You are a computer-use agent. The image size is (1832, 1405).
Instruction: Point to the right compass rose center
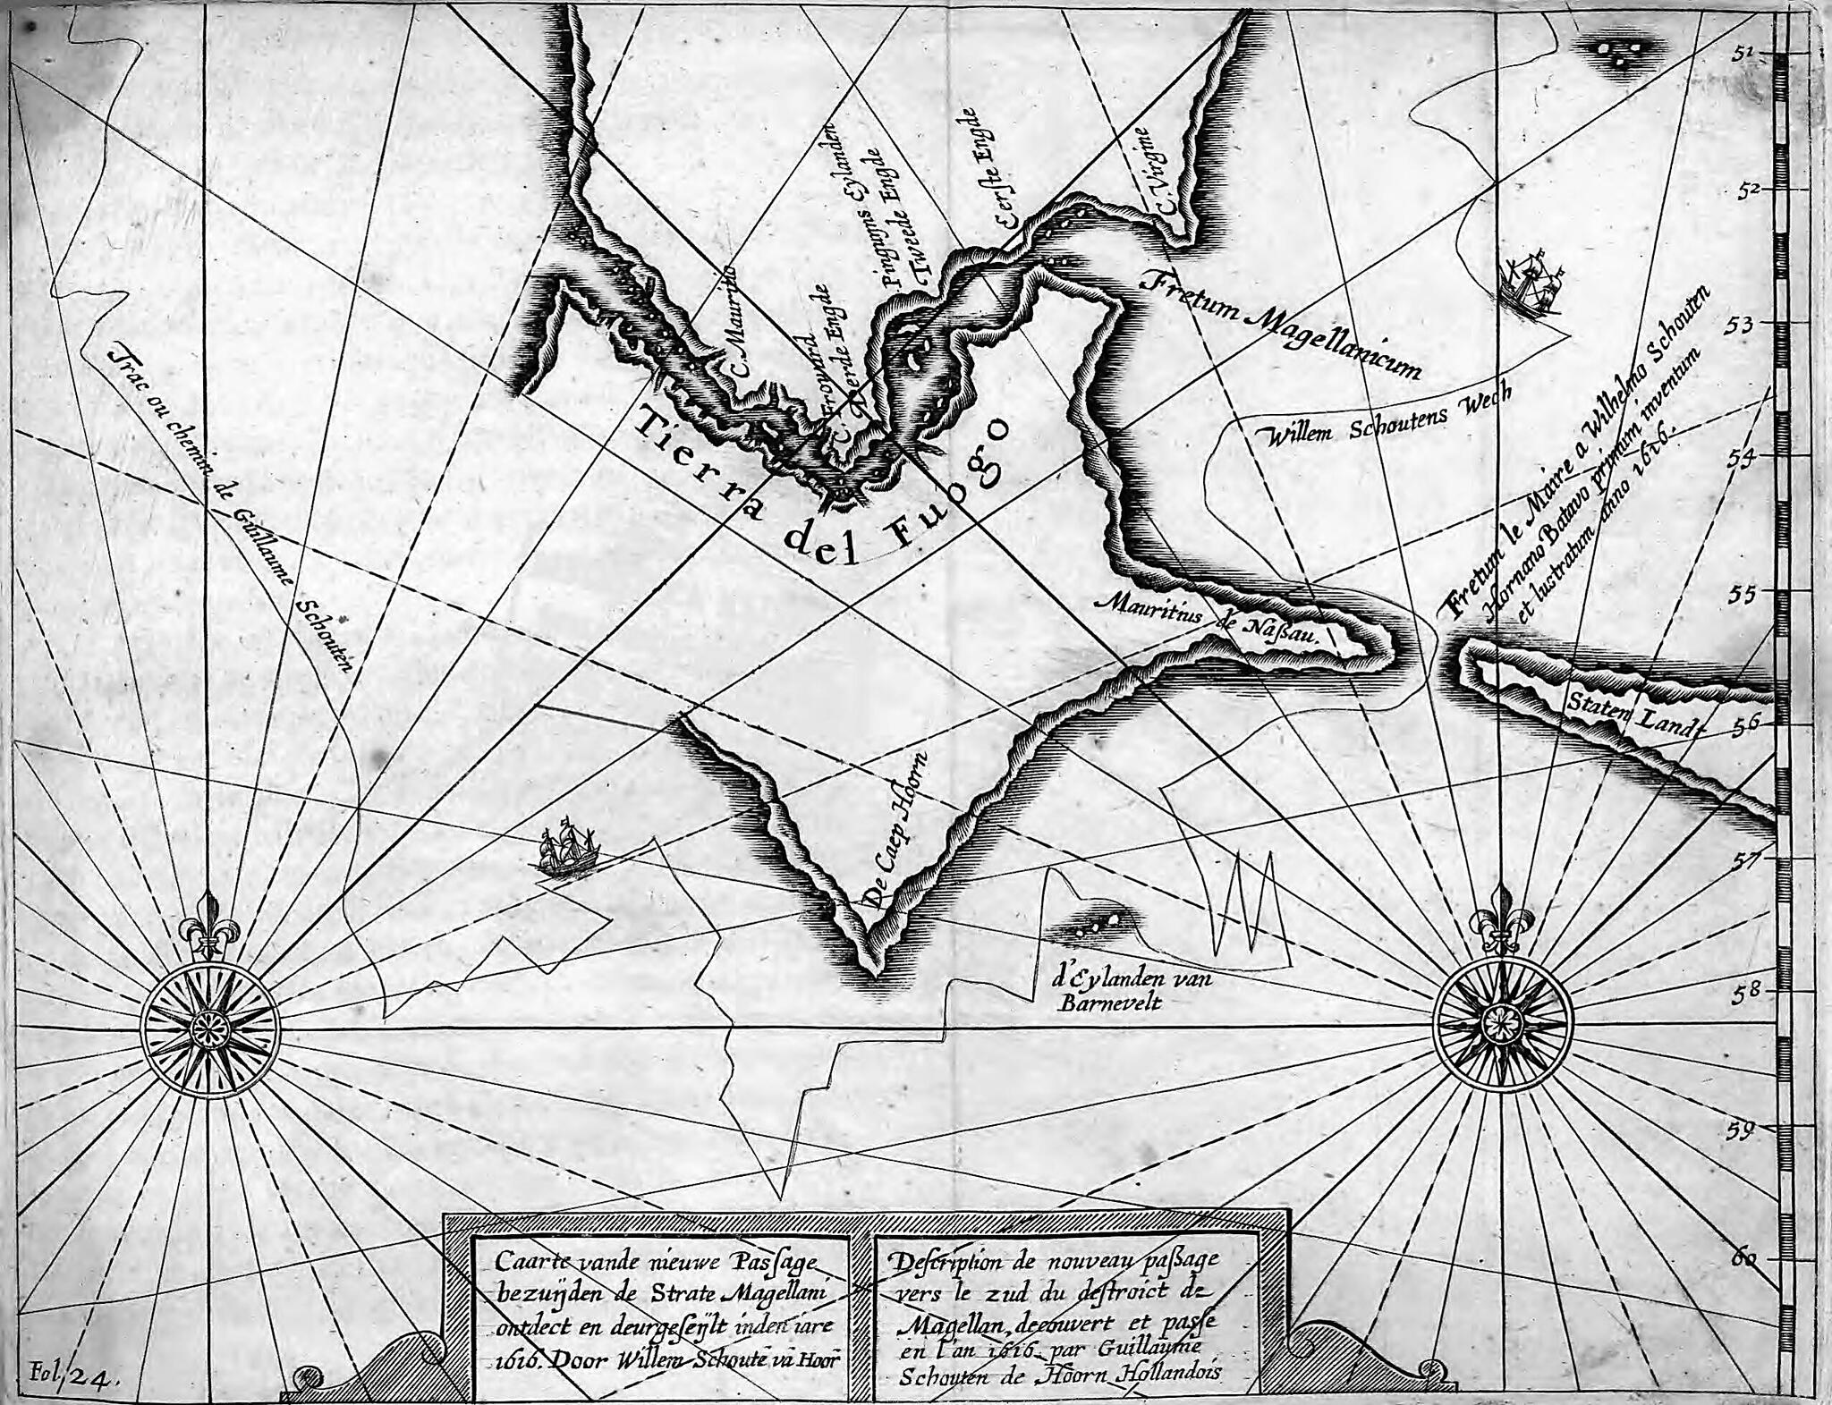click(x=1501, y=1020)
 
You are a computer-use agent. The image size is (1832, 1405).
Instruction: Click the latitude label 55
click(x=1742, y=595)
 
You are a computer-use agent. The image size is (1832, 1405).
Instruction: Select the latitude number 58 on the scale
click(x=1741, y=994)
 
